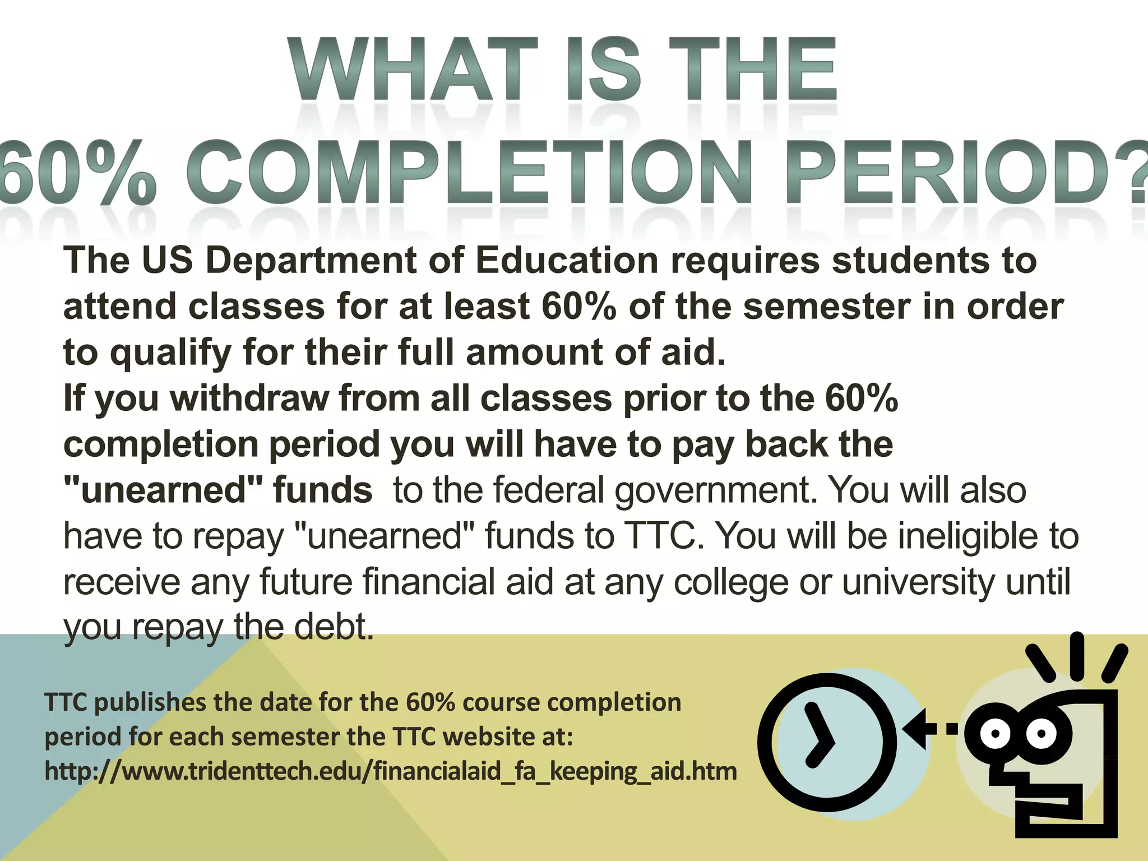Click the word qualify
pyautogui.click(x=170, y=353)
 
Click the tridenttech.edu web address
pyautogui.click(x=391, y=771)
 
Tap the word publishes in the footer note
pyautogui.click(x=150, y=702)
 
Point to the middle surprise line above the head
pyautogui.click(x=1077, y=656)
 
